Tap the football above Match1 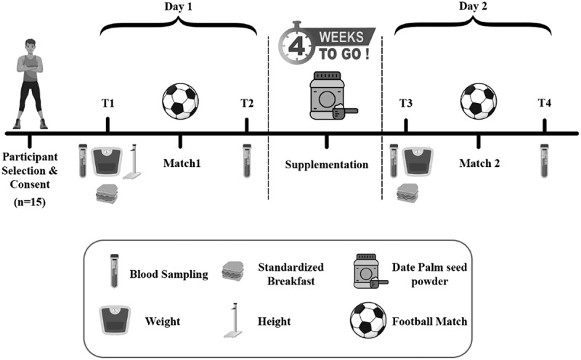coord(178,101)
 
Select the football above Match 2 coord(478,100)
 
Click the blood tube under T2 coord(247,161)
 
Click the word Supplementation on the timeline coord(325,165)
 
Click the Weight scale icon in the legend coord(113,319)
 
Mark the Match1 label coord(180,164)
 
